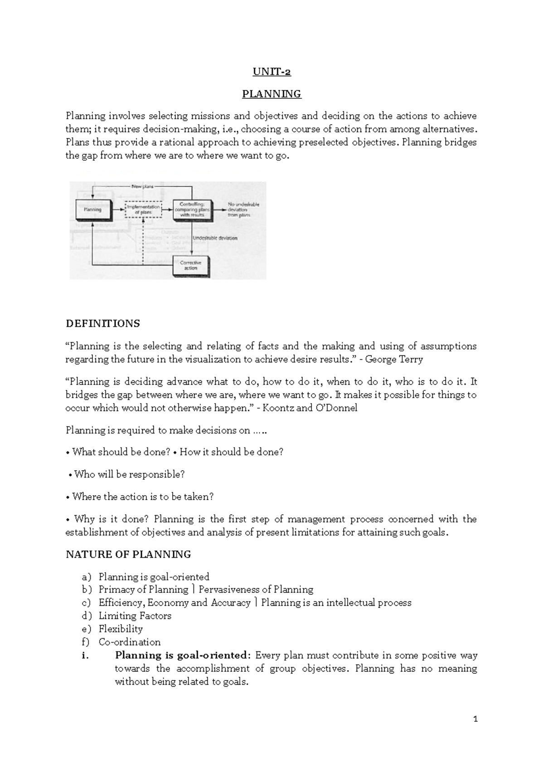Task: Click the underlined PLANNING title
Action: coord(271,94)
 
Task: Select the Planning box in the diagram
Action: coord(92,209)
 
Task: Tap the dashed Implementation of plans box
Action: coord(143,209)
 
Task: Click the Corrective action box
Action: coord(191,266)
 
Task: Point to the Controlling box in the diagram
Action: coord(191,209)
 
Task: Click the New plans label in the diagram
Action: coord(142,186)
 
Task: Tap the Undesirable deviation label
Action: coord(215,238)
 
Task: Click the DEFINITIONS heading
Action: coord(102,324)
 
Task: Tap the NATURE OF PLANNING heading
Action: coord(128,555)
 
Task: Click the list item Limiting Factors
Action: coord(135,616)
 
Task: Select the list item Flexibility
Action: coord(121,629)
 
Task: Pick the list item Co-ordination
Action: coord(130,642)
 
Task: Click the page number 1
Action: coord(475,719)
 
